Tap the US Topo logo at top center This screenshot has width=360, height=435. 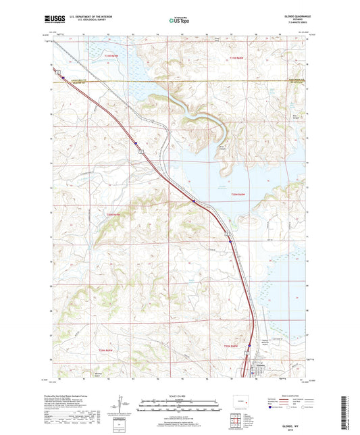pos(180,20)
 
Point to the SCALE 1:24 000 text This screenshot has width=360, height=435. pos(180,395)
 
